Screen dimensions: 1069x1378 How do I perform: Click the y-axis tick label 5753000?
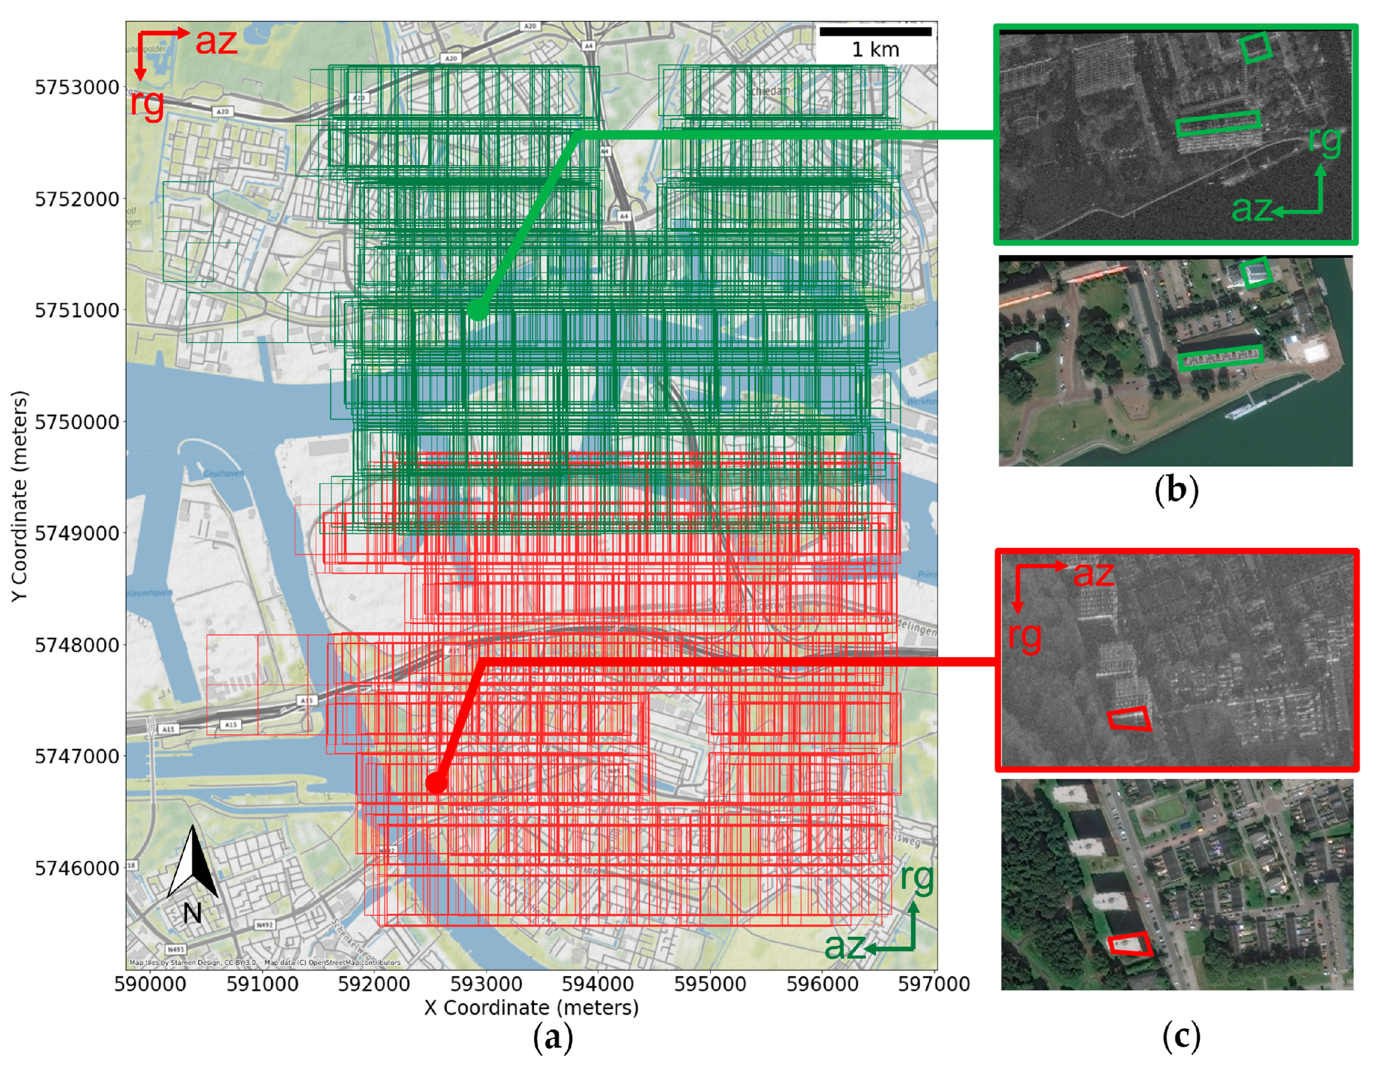click(x=77, y=87)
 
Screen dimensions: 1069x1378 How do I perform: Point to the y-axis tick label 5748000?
click(x=77, y=645)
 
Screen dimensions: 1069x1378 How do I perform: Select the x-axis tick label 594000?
click(x=597, y=984)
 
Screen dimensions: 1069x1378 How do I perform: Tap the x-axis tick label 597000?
click(x=934, y=984)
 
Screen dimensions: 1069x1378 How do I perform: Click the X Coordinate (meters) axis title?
click(x=531, y=1008)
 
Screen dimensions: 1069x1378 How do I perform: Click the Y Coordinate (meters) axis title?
click(x=20, y=496)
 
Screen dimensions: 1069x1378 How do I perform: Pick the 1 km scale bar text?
click(x=875, y=49)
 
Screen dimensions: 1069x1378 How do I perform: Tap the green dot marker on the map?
click(x=477, y=310)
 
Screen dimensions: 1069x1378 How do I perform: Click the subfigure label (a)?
click(x=553, y=1037)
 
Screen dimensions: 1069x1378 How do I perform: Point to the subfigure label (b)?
click(x=1176, y=490)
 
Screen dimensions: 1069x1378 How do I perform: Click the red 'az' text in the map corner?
click(x=216, y=42)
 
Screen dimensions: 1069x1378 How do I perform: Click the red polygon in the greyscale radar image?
click(x=1129, y=719)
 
